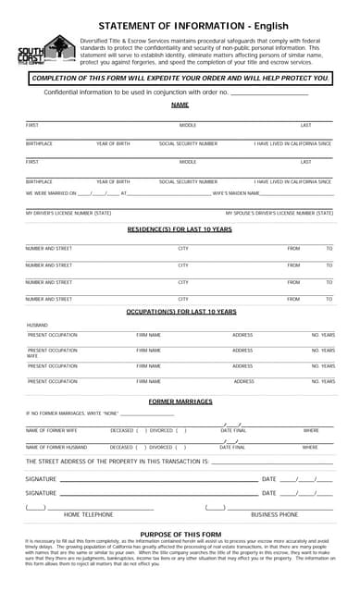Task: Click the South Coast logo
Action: pyautogui.click(x=47, y=50)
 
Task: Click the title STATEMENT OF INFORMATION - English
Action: pyautogui.click(x=192, y=26)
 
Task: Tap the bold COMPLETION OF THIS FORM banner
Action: pyautogui.click(x=180, y=78)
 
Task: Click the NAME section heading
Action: pyautogui.click(x=180, y=105)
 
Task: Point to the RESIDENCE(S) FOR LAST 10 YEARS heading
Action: pyautogui.click(x=180, y=228)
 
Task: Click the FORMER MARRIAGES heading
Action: pyautogui.click(x=180, y=401)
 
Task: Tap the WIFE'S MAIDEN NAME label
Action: pyautogui.click(x=235, y=193)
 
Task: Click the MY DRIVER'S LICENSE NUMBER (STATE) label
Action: pyautogui.click(x=68, y=213)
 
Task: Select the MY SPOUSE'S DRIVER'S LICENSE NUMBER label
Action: pyautogui.click(x=279, y=213)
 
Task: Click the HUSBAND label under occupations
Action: pyautogui.click(x=37, y=326)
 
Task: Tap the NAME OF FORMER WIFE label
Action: pyautogui.click(x=52, y=430)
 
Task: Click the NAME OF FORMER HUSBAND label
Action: pyautogui.click(x=56, y=447)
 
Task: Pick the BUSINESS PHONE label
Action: pyautogui.click(x=274, y=514)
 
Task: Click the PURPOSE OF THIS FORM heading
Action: pyautogui.click(x=180, y=535)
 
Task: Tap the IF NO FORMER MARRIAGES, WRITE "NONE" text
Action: pyautogui.click(x=72, y=413)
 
